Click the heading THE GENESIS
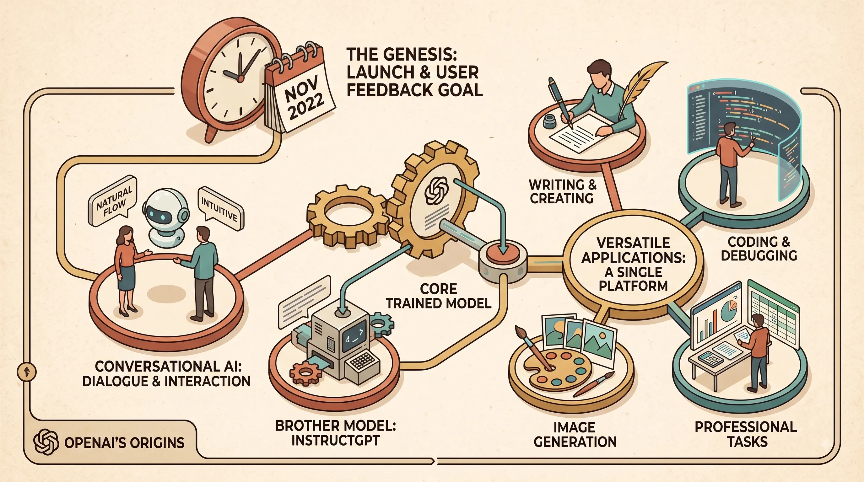point(401,54)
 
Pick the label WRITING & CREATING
point(563,191)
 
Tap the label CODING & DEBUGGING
point(759,248)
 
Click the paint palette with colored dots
point(558,370)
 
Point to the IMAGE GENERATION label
point(575,434)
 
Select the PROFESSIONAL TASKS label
point(746,434)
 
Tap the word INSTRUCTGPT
point(335,440)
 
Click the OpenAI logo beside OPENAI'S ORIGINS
point(46,442)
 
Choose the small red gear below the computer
point(305,372)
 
